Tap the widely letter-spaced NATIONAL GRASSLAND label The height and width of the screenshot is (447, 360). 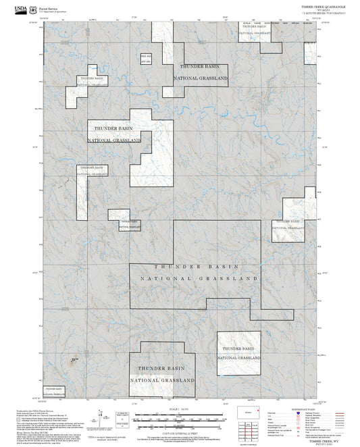(x=199, y=278)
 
